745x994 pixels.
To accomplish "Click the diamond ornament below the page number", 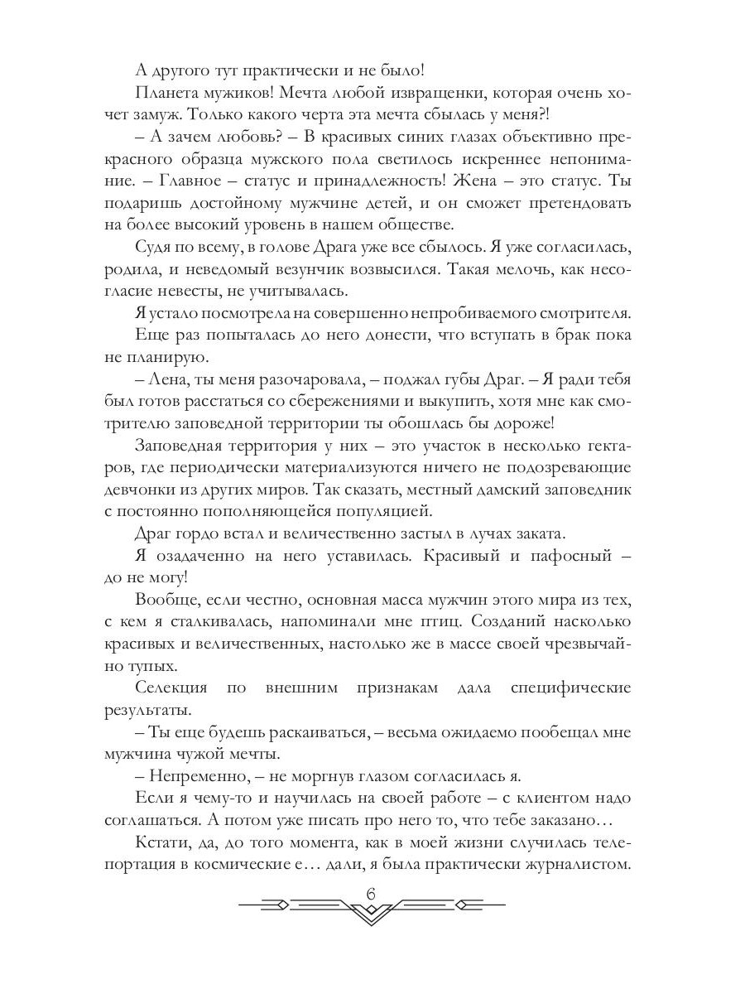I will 371,913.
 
